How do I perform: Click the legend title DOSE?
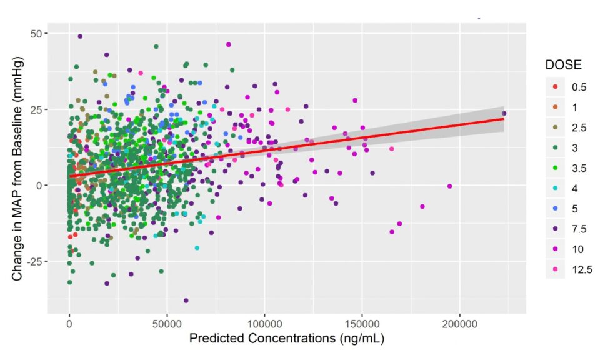563,64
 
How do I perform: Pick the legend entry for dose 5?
566,209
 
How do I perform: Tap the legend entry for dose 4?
566,189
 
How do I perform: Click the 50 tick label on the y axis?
36,34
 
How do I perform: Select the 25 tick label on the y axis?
36,109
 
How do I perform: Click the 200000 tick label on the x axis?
459,324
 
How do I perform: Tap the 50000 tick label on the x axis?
167,324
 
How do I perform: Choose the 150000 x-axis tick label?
362,324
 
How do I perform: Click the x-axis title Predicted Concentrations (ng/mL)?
287,339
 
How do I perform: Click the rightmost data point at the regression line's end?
504,113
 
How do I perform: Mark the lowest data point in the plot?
186,301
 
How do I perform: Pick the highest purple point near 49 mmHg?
80,36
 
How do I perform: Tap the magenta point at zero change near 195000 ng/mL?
449,186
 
